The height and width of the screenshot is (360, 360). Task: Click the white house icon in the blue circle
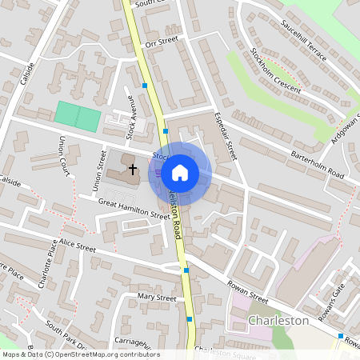180,172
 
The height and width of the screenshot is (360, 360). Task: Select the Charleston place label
278,320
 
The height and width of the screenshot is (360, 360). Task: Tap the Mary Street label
156,298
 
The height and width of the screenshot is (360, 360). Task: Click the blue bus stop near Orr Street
145,85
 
